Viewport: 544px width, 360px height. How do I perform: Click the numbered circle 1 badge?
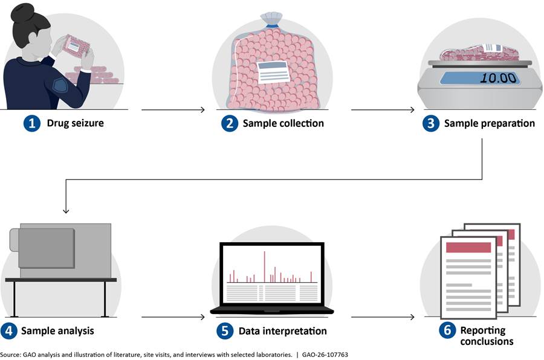31,124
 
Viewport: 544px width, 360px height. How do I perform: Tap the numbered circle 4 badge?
10,331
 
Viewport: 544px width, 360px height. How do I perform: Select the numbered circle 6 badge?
448,331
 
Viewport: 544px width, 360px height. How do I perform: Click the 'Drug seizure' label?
76,124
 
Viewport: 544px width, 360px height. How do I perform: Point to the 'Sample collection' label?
283,124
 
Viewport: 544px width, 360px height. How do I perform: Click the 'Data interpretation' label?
282,331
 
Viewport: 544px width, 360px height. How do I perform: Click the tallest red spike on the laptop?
264,266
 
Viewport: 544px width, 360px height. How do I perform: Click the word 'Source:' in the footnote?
10,355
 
